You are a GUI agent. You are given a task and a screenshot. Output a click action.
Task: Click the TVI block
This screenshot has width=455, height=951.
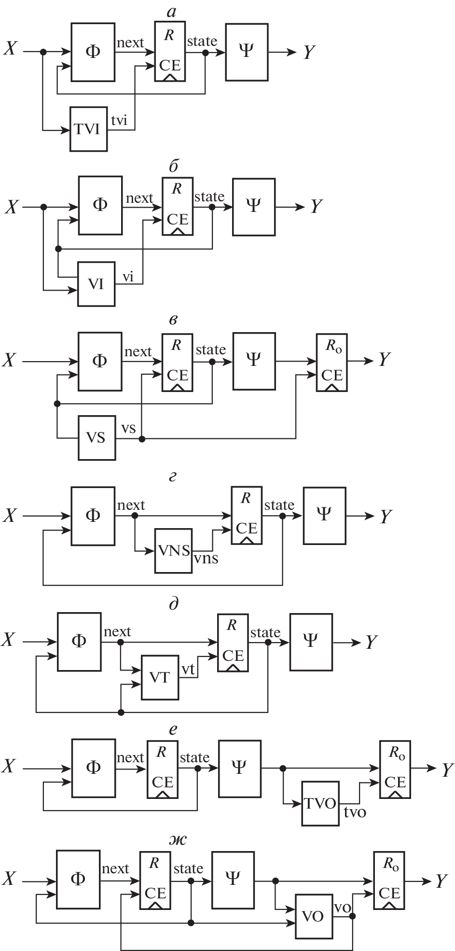point(88,129)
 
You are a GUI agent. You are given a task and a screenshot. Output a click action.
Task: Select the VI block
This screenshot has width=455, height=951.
point(97,284)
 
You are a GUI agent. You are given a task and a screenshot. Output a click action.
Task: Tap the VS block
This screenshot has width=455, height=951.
point(97,437)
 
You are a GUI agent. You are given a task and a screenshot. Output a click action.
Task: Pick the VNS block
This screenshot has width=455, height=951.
point(173,551)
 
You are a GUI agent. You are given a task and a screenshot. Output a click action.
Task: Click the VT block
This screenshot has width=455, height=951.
point(160,677)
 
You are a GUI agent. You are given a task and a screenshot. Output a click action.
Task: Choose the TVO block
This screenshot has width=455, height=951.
point(320,803)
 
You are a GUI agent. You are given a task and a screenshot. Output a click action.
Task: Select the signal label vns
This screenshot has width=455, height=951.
point(206,559)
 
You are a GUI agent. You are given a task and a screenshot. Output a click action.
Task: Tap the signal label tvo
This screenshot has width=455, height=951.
point(355,812)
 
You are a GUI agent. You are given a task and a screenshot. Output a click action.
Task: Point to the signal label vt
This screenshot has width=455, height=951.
point(188,669)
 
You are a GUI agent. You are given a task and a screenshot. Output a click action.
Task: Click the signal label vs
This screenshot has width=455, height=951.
point(128,428)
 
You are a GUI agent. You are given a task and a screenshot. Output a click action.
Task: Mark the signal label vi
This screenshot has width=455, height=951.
point(128,277)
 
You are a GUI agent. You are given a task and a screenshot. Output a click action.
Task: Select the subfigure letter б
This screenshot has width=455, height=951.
point(174,167)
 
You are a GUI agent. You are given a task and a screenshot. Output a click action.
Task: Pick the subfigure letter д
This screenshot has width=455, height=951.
point(174,603)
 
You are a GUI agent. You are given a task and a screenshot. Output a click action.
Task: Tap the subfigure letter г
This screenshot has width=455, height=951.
point(173,477)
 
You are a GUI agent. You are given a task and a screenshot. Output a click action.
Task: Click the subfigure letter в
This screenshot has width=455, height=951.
point(174,320)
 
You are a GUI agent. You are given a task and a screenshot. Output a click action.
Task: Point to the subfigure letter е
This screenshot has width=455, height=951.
point(173,730)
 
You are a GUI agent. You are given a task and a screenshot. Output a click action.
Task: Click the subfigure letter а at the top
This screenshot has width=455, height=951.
point(171,13)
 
